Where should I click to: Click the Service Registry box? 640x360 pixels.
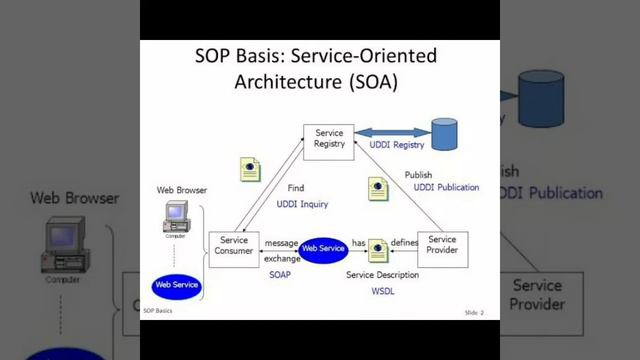(329, 139)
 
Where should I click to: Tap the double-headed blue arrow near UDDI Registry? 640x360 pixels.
(392, 132)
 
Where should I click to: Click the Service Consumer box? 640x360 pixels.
(234, 247)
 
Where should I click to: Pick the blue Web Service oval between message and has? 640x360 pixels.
(323, 248)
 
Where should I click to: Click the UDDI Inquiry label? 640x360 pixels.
(302, 204)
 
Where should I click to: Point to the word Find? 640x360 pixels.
(297, 188)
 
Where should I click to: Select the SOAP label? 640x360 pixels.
(280, 274)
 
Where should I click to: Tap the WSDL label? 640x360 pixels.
(382, 289)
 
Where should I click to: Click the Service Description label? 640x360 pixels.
(382, 275)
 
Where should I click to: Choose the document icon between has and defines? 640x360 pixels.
(378, 250)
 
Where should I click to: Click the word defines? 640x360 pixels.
(404, 243)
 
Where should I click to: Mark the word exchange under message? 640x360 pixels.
(281, 258)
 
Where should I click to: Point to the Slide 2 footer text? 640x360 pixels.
(474, 313)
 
